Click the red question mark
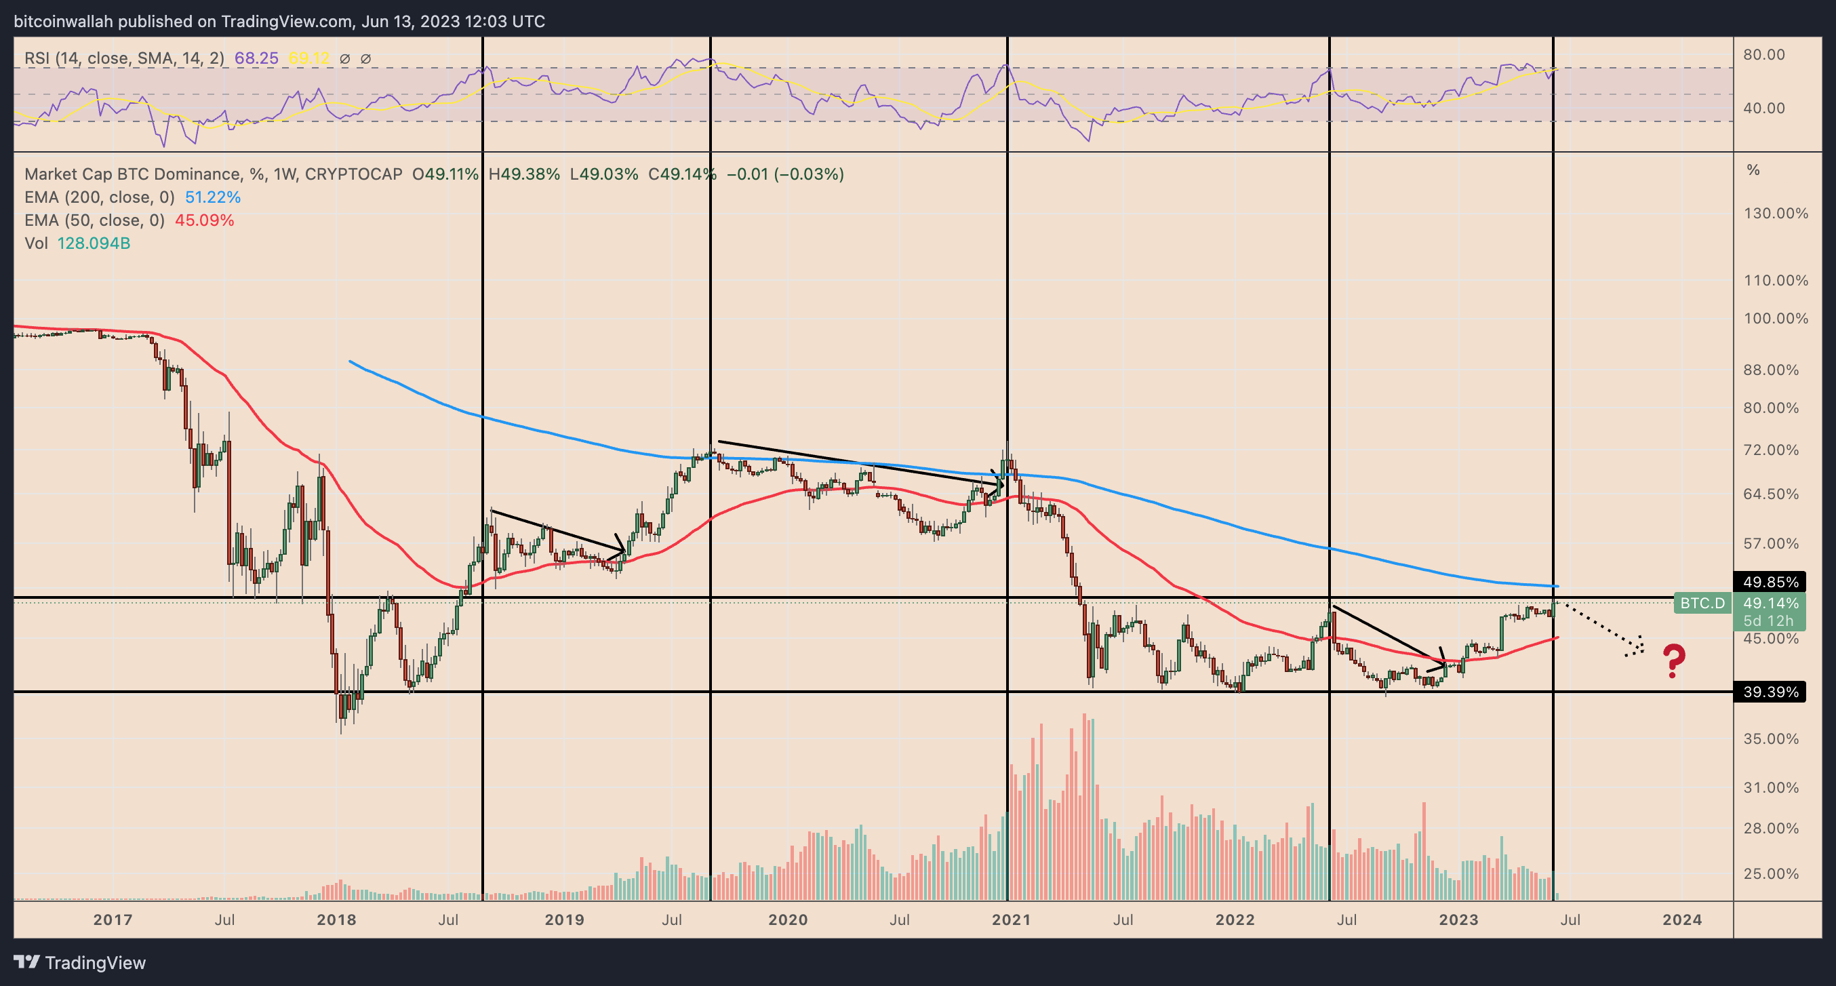click(x=1674, y=660)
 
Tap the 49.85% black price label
click(x=1770, y=582)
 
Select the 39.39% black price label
click(x=1770, y=692)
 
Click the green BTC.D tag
click(x=1702, y=603)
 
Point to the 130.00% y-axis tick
click(x=1776, y=213)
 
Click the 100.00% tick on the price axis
click(x=1776, y=318)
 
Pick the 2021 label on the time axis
click(x=1012, y=920)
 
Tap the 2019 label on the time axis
click(x=565, y=920)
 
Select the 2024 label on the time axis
click(x=1682, y=920)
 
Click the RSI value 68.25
click(x=256, y=58)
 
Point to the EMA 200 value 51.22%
click(x=213, y=197)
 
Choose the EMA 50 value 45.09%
click(x=205, y=220)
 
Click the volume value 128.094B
click(x=94, y=243)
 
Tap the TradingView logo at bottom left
click(x=80, y=962)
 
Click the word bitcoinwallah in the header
click(x=64, y=22)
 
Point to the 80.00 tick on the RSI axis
click(x=1764, y=55)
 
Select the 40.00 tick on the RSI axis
click(x=1764, y=109)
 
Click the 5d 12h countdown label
click(x=1768, y=621)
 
